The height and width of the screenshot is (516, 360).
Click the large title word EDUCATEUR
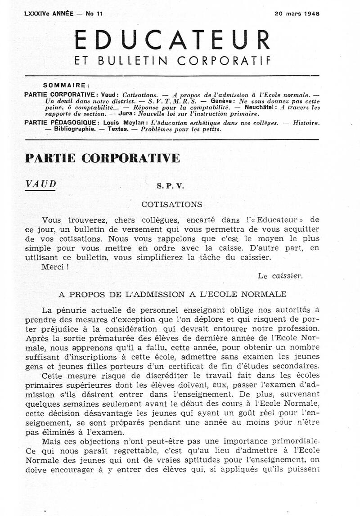coord(172,40)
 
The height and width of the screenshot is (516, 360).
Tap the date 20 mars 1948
coord(297,13)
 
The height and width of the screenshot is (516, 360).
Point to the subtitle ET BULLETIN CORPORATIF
coord(173,60)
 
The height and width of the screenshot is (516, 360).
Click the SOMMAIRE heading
coord(67,85)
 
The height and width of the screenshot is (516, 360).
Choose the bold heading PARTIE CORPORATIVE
coord(103,158)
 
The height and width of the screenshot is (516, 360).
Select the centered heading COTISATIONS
coord(172,204)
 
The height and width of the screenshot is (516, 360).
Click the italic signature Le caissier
coord(280,276)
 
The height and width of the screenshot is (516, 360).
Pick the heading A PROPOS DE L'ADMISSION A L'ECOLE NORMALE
coord(172,294)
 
